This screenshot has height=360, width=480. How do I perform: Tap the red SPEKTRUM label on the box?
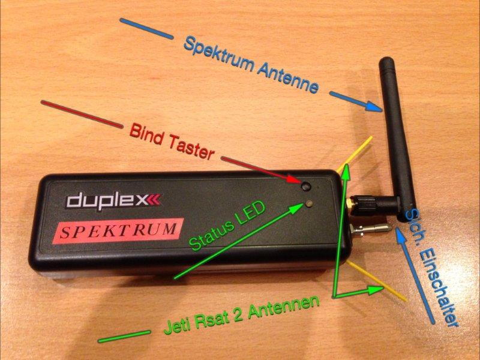[x=118, y=230]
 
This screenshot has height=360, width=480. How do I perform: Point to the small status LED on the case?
[x=309, y=203]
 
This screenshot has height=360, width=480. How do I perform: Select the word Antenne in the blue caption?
[x=287, y=78]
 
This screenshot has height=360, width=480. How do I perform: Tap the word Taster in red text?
[x=190, y=147]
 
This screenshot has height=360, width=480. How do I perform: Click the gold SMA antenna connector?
[x=350, y=202]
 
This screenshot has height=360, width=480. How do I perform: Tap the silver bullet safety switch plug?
[x=371, y=229]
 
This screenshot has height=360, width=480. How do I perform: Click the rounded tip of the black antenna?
[x=386, y=60]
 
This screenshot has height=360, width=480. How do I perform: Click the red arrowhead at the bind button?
[x=293, y=179]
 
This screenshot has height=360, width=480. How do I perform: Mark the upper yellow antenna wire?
[x=355, y=154]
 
